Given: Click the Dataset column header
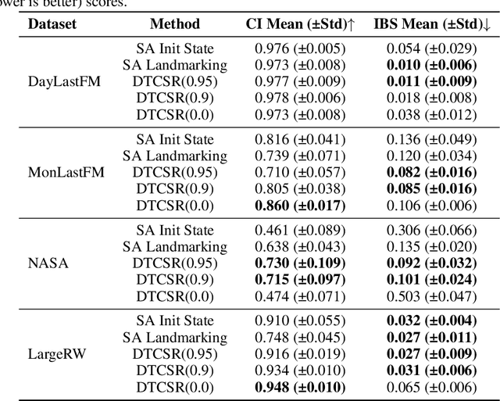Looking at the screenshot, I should pos(53,24).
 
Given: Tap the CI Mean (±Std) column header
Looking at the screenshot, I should pos(301,24).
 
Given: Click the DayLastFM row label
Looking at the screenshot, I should pos(54,81).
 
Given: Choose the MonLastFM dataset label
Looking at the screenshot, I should pos(54,172).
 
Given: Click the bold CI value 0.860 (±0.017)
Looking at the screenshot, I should pos(301,205).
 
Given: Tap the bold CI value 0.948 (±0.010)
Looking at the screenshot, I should pos(301,386).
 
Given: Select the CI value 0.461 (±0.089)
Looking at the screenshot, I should pos(301,231).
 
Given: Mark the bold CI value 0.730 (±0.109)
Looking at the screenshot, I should pos(301,263).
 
